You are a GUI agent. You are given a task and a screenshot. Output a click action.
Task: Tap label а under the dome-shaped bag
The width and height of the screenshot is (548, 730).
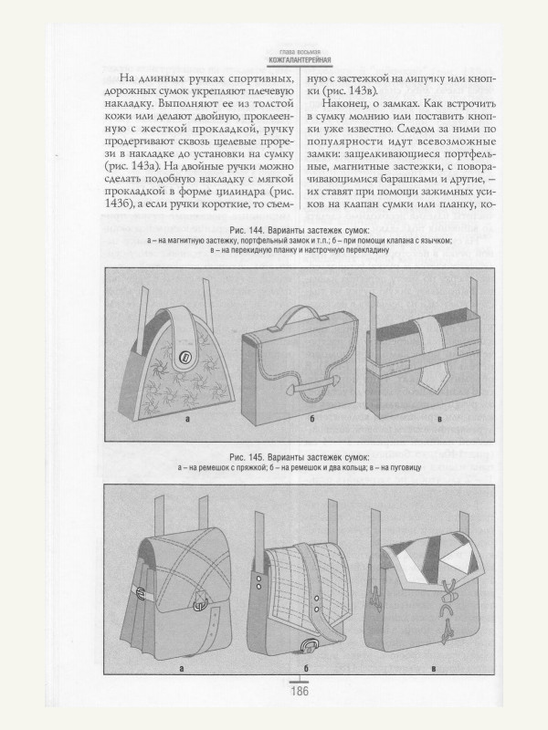point(185,421)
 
